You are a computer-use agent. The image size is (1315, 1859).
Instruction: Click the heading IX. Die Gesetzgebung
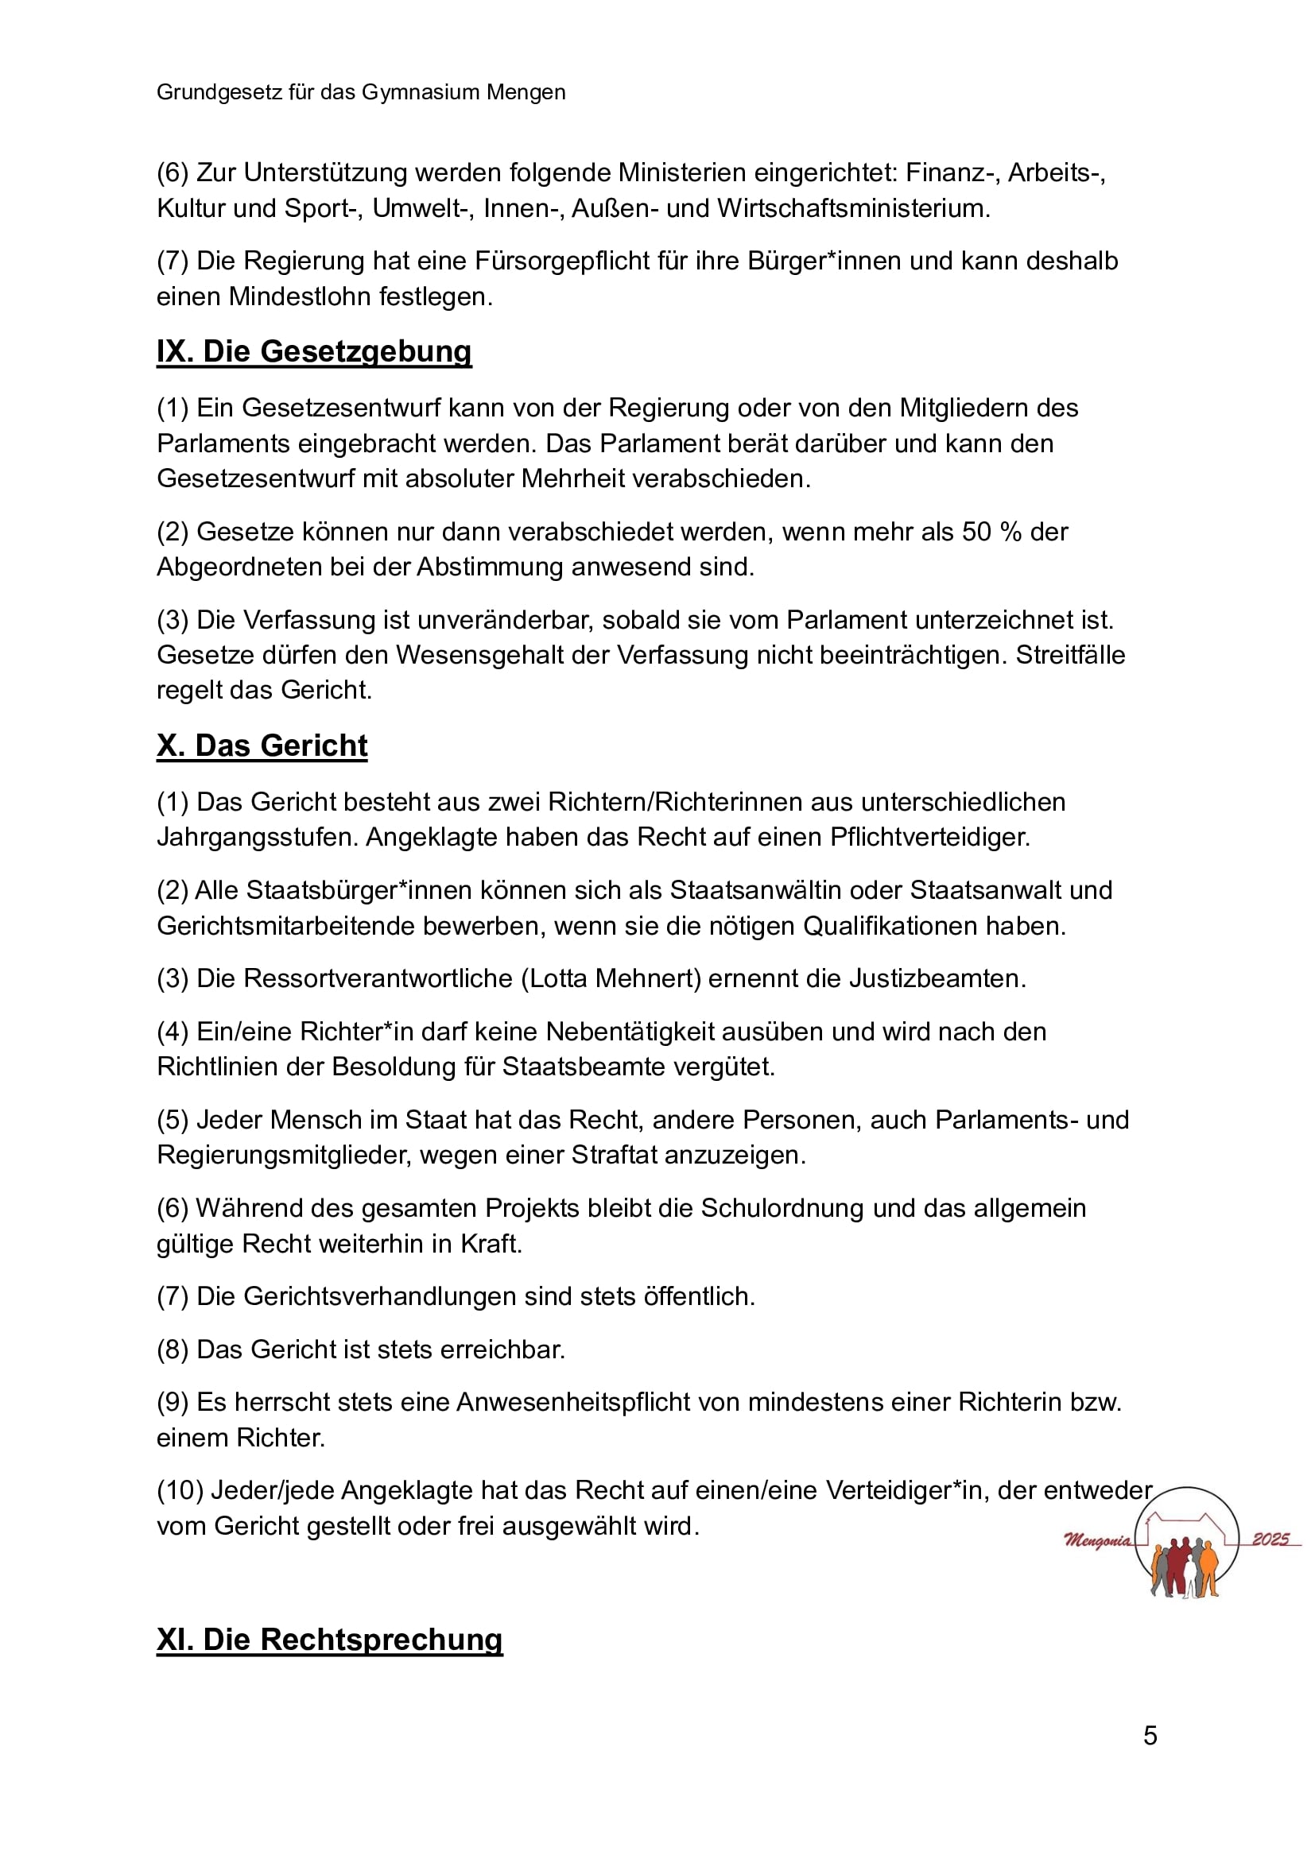(x=313, y=351)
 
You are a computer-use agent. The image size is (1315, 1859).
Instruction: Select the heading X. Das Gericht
(x=262, y=746)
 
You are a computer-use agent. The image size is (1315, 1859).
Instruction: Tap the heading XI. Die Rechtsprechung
(x=330, y=1640)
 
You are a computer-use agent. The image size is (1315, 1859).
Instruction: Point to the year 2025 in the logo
(x=1270, y=1539)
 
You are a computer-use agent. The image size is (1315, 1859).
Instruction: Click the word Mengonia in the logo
(x=1098, y=1540)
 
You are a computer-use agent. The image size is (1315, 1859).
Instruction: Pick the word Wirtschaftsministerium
(x=853, y=208)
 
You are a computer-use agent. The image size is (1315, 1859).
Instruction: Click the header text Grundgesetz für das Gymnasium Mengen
(x=361, y=92)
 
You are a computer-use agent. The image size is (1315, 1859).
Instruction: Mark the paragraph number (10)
(x=180, y=1490)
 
